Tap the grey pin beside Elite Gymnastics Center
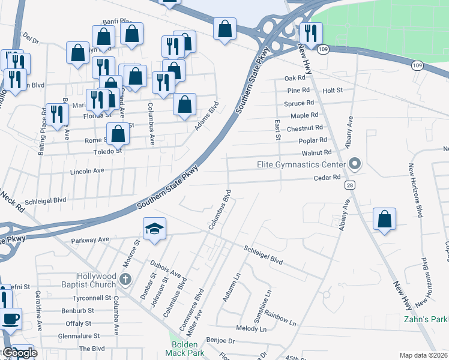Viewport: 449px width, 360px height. [x=355, y=164]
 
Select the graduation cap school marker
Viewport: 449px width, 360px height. [x=154, y=229]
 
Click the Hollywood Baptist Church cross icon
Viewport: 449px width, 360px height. [x=125, y=278]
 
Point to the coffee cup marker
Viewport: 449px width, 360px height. [x=10, y=318]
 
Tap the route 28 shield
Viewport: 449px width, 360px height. [x=349, y=185]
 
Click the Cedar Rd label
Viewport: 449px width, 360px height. [x=327, y=178]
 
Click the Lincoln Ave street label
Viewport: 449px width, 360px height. [x=87, y=171]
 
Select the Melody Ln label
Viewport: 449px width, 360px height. [x=251, y=329]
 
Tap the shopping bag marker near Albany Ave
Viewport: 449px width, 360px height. [x=384, y=220]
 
